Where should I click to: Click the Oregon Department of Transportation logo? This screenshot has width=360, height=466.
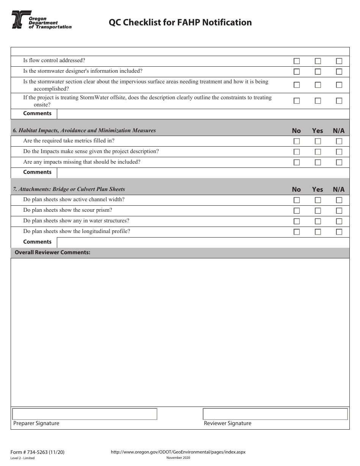point(41,20)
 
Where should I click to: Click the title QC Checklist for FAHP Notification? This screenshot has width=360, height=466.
point(180,22)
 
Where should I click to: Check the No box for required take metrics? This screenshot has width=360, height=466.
point(296,141)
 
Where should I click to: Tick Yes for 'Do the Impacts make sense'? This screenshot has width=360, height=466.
point(318,152)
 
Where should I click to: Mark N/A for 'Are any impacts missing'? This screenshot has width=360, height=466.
point(339,163)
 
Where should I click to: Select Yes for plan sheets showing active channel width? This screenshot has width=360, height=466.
point(318,200)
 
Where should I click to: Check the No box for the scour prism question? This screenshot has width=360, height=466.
point(296,211)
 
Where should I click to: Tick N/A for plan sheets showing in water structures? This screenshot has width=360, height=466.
point(339,221)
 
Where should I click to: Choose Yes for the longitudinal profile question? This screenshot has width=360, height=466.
point(318,232)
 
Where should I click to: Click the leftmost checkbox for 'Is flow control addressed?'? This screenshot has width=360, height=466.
point(296,61)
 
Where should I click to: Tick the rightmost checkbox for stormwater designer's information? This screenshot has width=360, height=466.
point(339,72)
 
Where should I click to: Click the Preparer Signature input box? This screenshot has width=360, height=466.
point(85,414)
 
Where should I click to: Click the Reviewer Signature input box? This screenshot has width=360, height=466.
point(275,414)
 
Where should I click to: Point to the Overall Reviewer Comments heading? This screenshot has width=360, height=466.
point(52,252)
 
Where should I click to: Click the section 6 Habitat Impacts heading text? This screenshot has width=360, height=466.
point(84,130)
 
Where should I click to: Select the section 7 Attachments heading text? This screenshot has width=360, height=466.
point(69,189)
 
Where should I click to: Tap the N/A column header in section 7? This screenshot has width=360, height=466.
point(339,189)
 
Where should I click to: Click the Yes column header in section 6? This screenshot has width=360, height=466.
point(318,131)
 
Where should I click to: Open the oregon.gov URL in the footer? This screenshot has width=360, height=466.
point(178,452)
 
